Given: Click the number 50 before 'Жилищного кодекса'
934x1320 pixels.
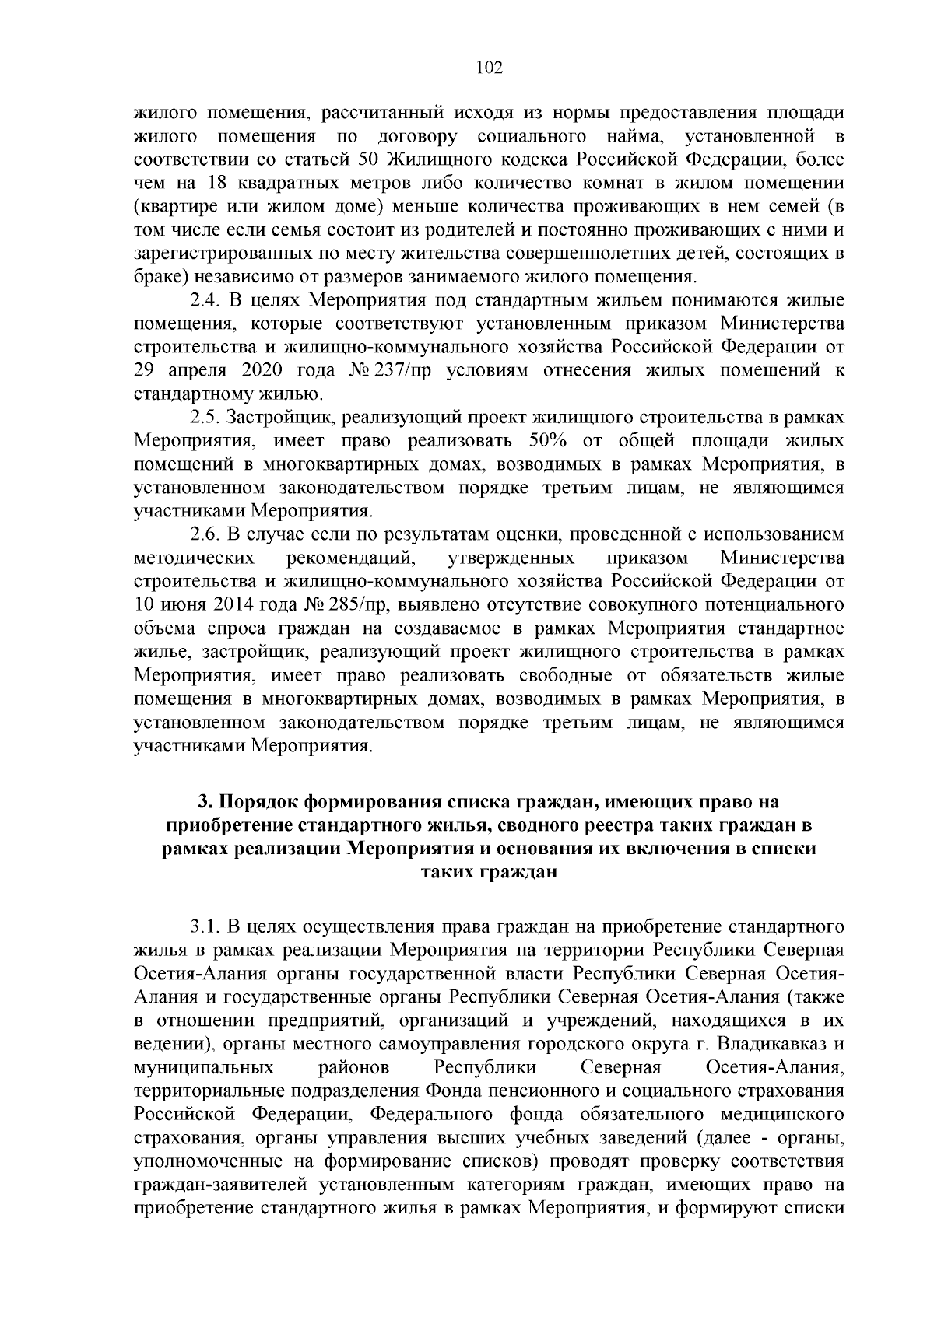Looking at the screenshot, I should (367, 161).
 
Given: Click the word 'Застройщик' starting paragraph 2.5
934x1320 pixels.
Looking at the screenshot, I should (281, 418).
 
